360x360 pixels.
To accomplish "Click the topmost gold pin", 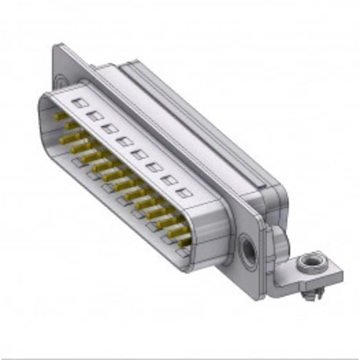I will (x=60, y=116).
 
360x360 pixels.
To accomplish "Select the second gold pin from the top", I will (x=71, y=125).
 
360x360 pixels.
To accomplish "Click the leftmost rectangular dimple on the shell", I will (x=80, y=103).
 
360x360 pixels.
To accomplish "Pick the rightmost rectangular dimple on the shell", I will (x=184, y=193).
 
